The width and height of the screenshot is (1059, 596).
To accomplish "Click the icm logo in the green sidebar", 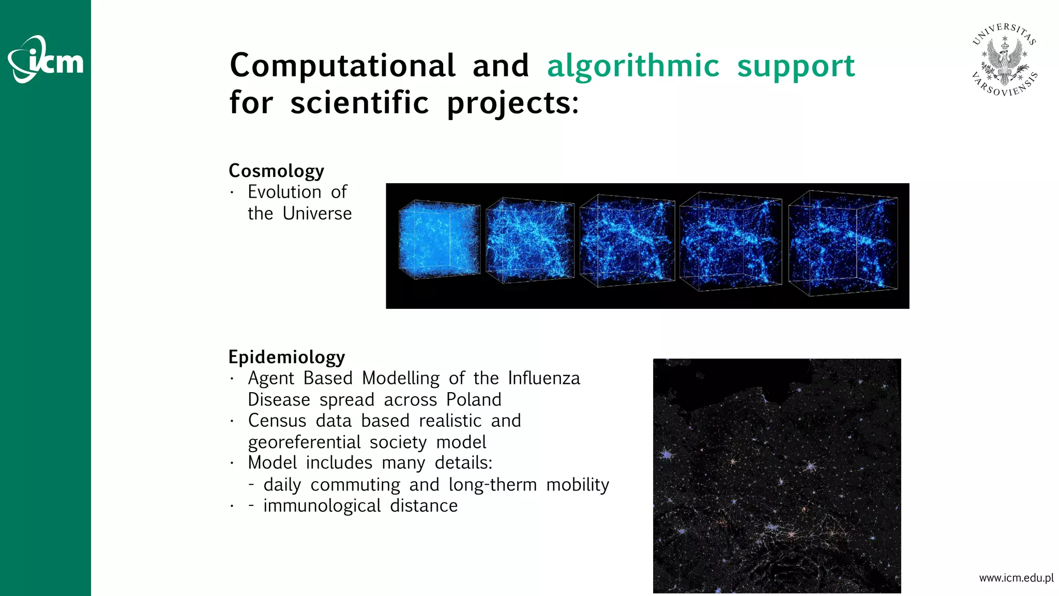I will tap(46, 59).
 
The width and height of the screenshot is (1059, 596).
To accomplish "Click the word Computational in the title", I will tap(342, 66).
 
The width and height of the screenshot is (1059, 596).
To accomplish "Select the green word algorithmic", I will tap(633, 66).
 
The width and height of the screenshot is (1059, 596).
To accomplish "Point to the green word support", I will tap(796, 66).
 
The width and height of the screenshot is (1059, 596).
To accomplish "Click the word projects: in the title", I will tap(512, 102).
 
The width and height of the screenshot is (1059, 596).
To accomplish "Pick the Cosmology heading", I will tap(276, 171).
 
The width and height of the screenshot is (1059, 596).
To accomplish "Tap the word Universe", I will tap(317, 213).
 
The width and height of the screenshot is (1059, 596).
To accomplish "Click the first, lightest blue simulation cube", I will tap(439, 240).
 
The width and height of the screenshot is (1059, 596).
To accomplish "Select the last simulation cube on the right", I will tap(843, 243).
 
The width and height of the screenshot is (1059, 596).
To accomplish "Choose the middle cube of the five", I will tap(627, 241).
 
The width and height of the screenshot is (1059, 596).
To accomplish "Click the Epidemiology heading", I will tap(286, 357).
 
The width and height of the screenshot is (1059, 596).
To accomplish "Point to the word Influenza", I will tap(543, 378).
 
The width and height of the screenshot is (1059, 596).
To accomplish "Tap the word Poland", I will tap(474, 399).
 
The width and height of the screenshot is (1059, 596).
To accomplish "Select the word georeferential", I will tap(304, 442).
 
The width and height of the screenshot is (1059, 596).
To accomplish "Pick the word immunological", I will tap(322, 505).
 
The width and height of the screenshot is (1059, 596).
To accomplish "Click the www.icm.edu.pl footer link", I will tap(1016, 578).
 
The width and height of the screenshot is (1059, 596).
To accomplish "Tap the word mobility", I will tap(578, 485).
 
